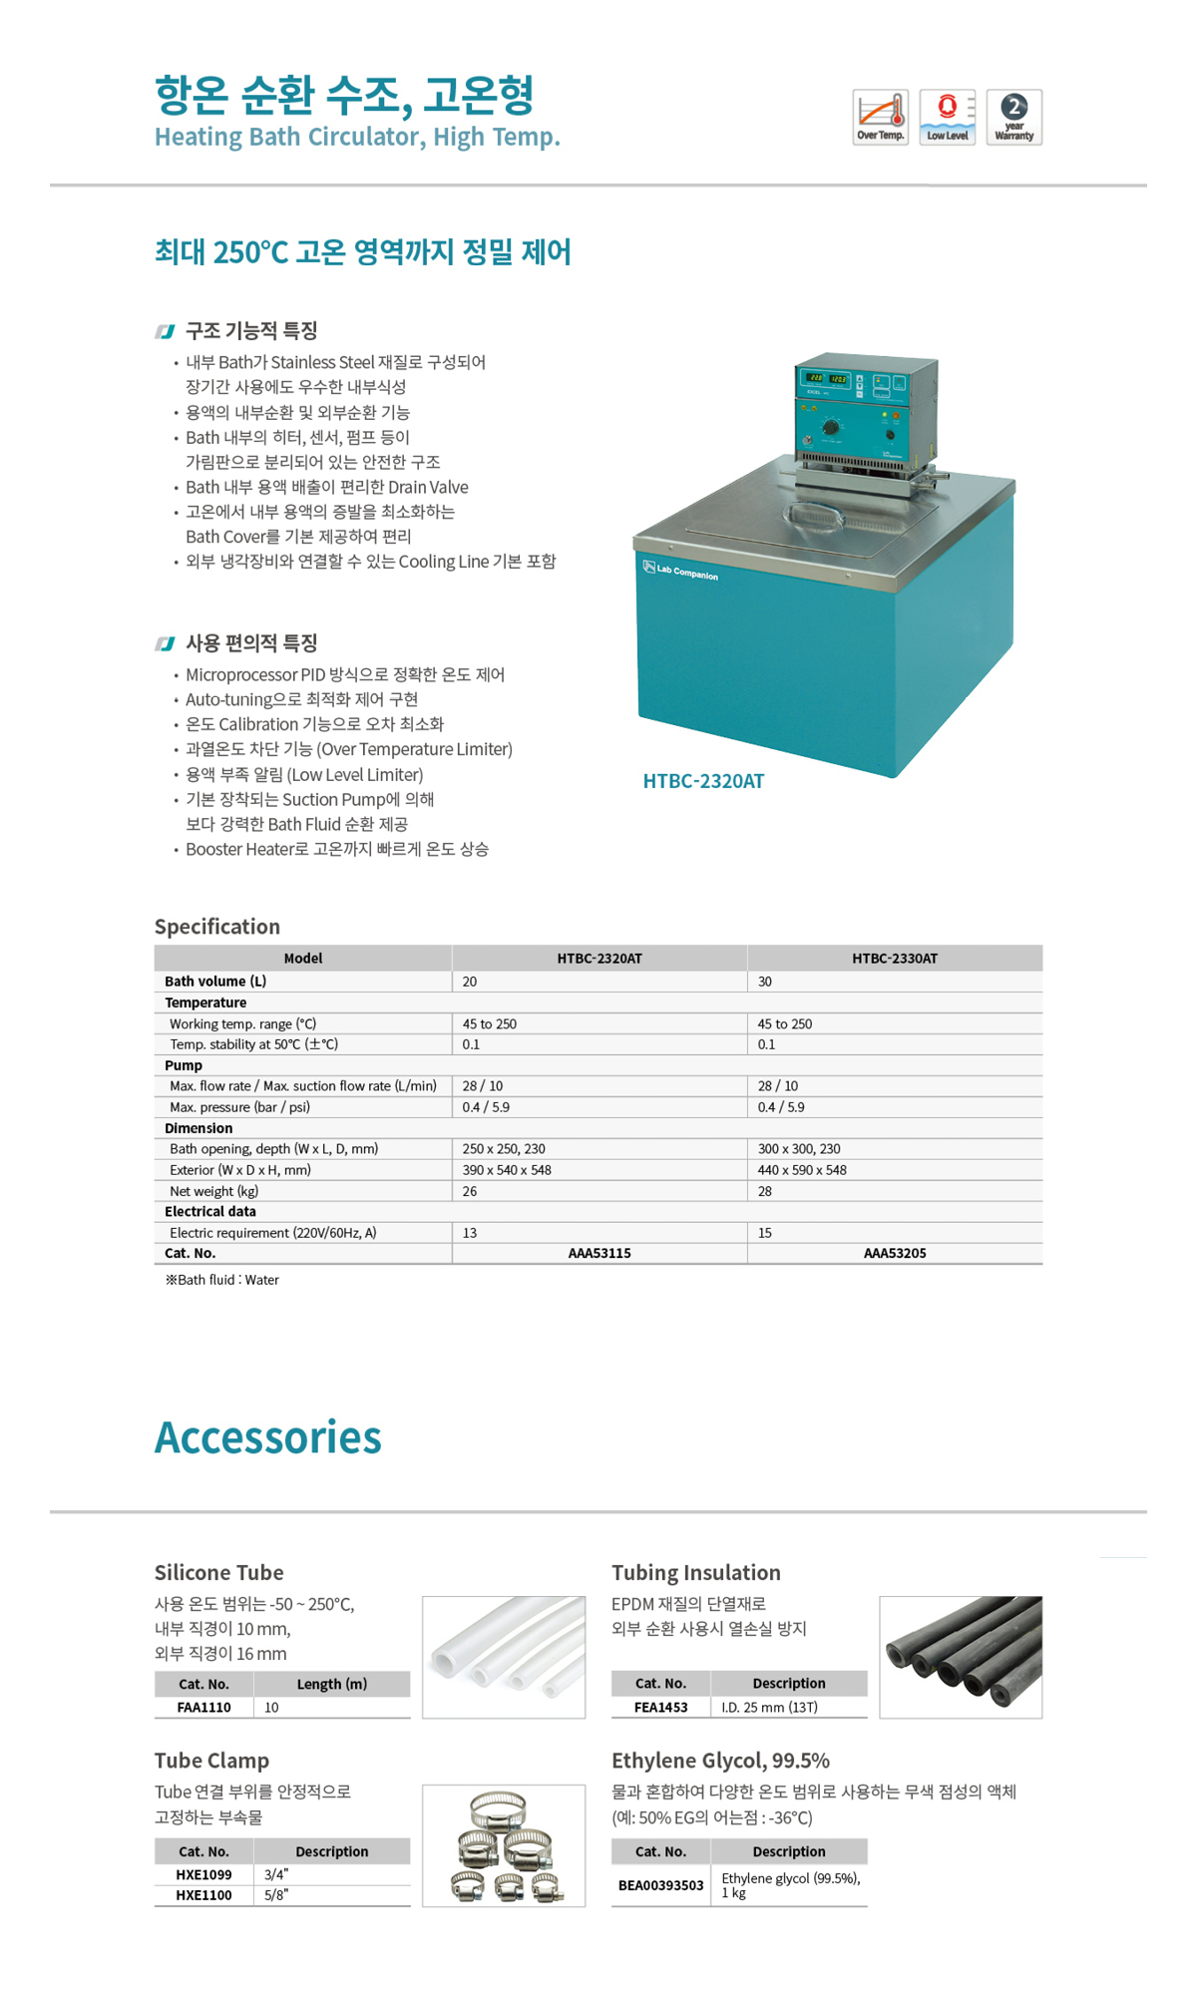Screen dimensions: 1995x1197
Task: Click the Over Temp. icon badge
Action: (880, 118)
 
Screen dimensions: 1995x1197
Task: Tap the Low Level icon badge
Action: (947, 118)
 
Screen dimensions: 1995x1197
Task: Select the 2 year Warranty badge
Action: (1013, 118)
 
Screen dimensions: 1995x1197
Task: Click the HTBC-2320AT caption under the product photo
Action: (703, 781)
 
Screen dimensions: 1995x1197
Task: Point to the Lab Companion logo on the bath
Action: (681, 571)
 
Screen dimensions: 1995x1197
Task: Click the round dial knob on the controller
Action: (831, 428)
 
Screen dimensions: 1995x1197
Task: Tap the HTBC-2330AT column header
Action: (894, 959)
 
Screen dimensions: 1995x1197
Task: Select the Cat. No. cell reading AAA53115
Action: (599, 1254)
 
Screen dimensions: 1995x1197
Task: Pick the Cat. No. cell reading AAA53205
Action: (894, 1254)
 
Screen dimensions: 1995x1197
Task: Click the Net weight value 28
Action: (765, 1191)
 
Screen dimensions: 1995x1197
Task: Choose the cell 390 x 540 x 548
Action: (507, 1170)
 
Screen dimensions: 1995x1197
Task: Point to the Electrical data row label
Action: (210, 1212)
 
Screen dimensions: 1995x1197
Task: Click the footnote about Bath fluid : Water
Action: (222, 1280)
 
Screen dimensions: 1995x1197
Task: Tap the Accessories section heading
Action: (267, 1437)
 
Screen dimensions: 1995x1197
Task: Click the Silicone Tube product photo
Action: (504, 1657)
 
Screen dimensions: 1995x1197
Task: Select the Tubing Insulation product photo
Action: (961, 1657)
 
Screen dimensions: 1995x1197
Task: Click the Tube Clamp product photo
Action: (504, 1845)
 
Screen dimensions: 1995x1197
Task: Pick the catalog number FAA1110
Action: (203, 1708)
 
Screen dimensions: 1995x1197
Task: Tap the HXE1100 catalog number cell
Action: (203, 1895)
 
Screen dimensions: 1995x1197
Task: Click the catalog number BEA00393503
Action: (660, 1885)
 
